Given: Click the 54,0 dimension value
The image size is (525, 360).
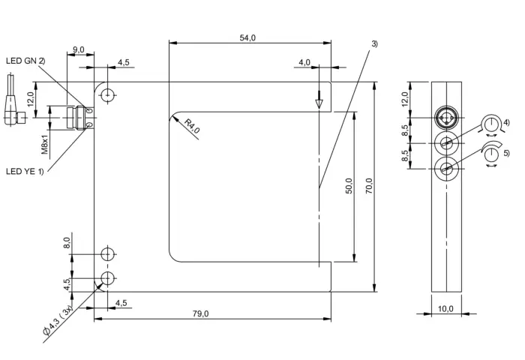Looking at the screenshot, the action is click(247, 37).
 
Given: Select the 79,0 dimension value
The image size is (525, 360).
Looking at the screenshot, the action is click(200, 313).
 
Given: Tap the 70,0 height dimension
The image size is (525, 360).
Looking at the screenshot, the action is click(369, 187).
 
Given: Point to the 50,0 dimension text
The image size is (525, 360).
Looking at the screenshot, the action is click(349, 185).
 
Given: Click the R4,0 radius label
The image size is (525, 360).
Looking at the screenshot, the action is click(192, 126).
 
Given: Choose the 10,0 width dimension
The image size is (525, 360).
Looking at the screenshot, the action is click(445, 308).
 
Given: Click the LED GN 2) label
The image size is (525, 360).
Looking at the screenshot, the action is click(25, 61).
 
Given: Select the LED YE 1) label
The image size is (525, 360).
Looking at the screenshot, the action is click(25, 172).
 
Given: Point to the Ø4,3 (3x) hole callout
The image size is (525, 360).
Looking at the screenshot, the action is click(58, 320).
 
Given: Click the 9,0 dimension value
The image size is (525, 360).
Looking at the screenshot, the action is click(79, 50).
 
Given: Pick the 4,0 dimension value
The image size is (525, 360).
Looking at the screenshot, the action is click(304, 62).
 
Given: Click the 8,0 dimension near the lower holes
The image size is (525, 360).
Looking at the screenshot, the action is click(67, 242).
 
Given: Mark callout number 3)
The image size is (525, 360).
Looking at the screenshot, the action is click(374, 43).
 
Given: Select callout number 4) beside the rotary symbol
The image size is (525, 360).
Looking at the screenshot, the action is click(506, 122).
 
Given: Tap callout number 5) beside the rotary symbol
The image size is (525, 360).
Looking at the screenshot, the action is click(506, 153).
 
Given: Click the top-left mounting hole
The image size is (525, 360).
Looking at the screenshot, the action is click(107, 95).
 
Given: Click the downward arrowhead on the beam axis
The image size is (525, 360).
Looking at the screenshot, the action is click(319, 103).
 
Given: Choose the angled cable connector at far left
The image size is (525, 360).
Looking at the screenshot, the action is click(14, 107).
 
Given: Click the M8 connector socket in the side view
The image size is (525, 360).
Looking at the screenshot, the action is click(446, 118).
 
